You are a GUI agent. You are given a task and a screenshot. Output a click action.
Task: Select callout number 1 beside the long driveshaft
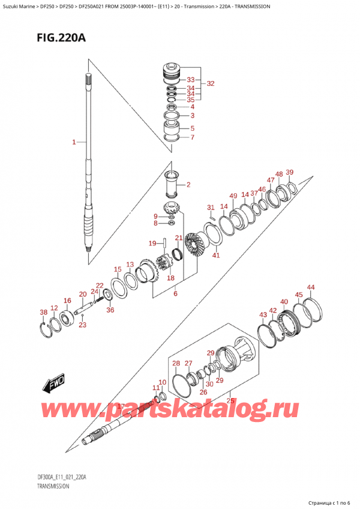74,142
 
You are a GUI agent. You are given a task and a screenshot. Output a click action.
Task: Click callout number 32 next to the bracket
210,84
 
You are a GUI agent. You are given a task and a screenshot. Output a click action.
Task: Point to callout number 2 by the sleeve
188,184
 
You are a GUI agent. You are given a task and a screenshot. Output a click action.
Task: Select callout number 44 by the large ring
310,288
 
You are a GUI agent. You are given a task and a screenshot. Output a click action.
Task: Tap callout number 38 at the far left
43,312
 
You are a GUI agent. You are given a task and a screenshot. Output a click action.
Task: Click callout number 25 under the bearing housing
229,400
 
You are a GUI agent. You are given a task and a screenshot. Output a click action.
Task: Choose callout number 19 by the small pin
152,243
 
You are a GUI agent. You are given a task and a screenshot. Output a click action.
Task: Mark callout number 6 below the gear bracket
175,294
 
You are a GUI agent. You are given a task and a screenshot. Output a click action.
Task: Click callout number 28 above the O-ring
176,363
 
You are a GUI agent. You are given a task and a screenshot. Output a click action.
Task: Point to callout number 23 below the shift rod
82,325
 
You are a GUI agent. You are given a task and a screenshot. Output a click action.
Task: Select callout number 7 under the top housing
192,137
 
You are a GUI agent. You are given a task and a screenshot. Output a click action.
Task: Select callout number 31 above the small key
211,208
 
